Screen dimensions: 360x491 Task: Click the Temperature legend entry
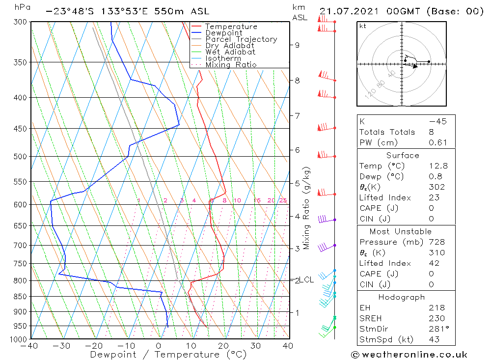point(231,27)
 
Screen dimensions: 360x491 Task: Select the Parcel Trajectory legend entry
point(241,39)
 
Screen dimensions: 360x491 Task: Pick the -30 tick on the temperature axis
point(62,346)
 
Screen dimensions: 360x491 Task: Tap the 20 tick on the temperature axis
point(223,346)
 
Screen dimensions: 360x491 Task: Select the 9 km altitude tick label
point(297,45)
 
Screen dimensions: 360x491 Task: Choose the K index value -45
point(437,121)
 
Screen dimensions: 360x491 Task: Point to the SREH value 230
point(436,318)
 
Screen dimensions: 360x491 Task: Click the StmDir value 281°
point(436,329)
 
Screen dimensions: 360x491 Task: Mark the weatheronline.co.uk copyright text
point(409,355)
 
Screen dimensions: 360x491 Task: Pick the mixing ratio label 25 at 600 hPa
point(283,200)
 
